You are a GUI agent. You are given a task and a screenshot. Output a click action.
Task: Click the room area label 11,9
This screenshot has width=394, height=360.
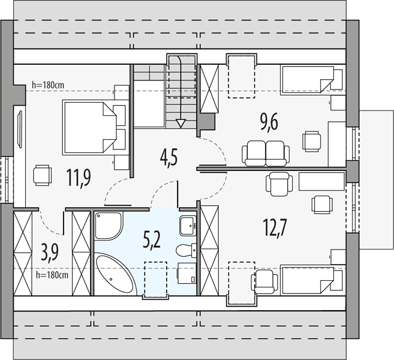click(x=79, y=178)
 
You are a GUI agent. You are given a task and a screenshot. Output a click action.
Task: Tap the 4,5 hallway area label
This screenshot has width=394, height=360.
click(x=169, y=158)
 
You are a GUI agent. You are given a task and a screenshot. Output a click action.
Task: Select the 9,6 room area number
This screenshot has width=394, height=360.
click(x=269, y=122)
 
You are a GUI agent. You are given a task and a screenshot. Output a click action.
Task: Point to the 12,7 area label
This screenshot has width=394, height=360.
click(x=275, y=227)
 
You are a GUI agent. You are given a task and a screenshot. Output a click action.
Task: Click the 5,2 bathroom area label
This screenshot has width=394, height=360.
click(x=152, y=241)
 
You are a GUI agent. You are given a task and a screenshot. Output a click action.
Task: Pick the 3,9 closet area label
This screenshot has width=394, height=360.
click(x=50, y=253)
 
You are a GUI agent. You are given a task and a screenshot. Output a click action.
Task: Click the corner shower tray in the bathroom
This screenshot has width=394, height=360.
click(x=109, y=225)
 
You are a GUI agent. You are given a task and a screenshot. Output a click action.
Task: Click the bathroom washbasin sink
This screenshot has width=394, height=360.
click(x=188, y=226)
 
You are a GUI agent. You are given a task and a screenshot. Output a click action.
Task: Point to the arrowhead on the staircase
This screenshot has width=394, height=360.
click(x=181, y=124)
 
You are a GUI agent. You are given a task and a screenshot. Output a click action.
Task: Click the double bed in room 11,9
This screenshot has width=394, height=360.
click(x=94, y=127)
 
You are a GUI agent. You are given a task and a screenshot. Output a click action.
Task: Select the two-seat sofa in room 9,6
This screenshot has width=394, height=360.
click(x=266, y=154)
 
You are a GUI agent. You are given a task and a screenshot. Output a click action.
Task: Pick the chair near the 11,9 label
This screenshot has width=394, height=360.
click(x=42, y=175)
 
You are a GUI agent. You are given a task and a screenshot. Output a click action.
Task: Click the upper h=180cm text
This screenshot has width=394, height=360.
click(x=48, y=85)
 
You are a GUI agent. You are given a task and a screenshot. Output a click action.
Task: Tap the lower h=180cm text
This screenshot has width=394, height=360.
click(x=52, y=275)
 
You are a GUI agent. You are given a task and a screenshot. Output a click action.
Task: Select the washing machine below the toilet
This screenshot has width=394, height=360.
click(x=187, y=273)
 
